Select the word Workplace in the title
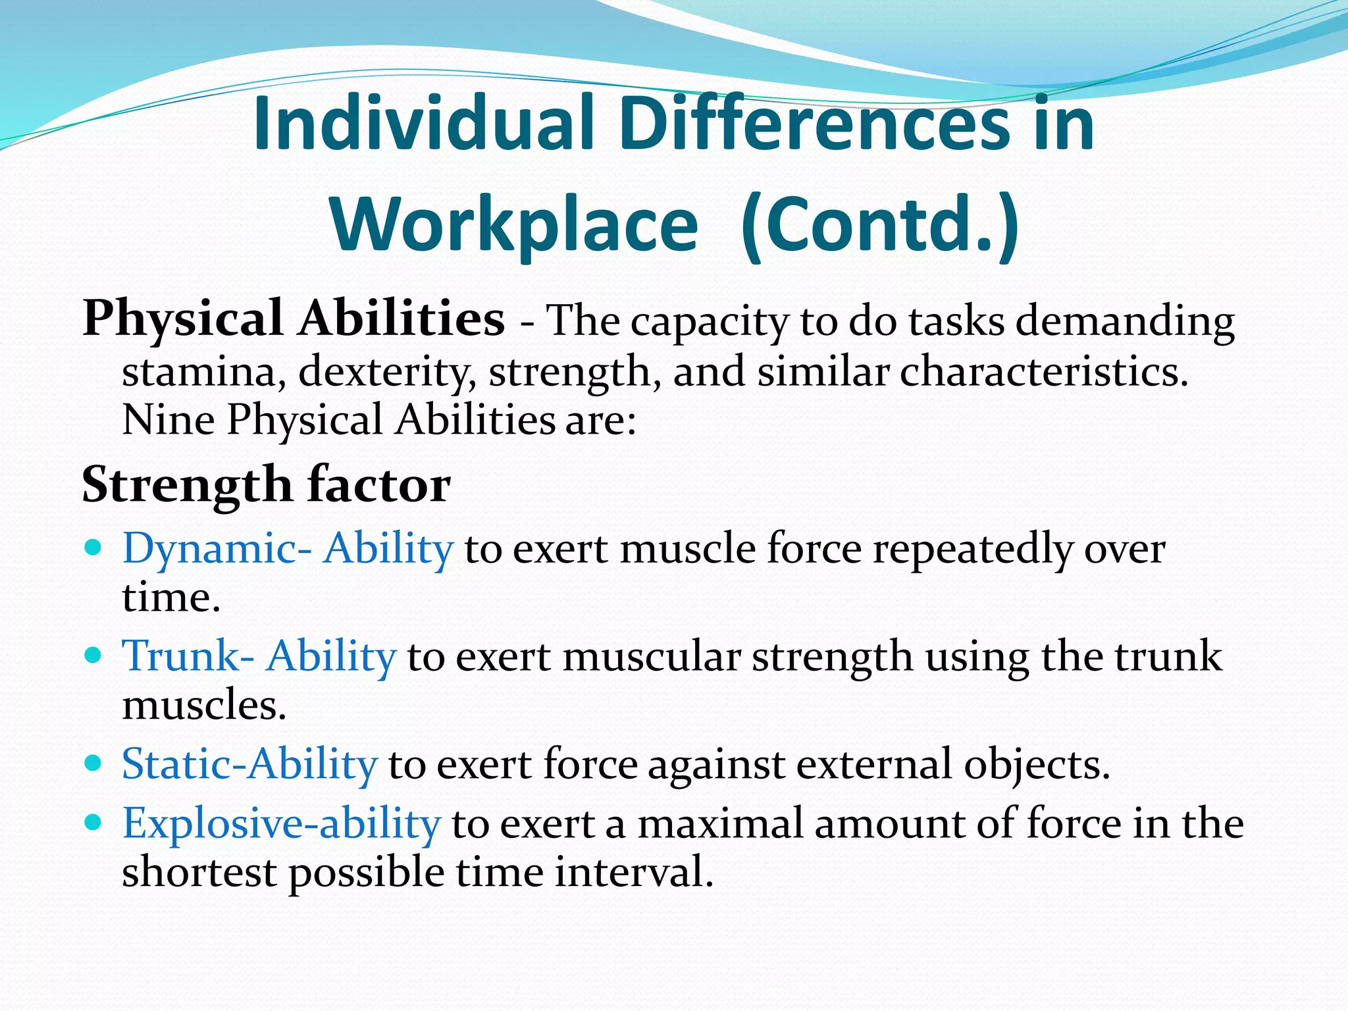coord(514,225)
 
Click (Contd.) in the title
coord(880,225)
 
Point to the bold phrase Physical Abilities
coord(294,319)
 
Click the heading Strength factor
coord(266,485)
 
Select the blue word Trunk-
coord(188,657)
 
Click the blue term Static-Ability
coord(249,765)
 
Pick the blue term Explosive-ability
coord(281,824)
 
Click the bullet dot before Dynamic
coord(93,547)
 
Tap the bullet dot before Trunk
coord(93,655)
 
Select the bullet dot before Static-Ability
coord(93,763)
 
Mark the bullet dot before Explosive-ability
coord(93,821)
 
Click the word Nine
coord(168,420)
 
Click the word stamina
coord(204,373)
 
